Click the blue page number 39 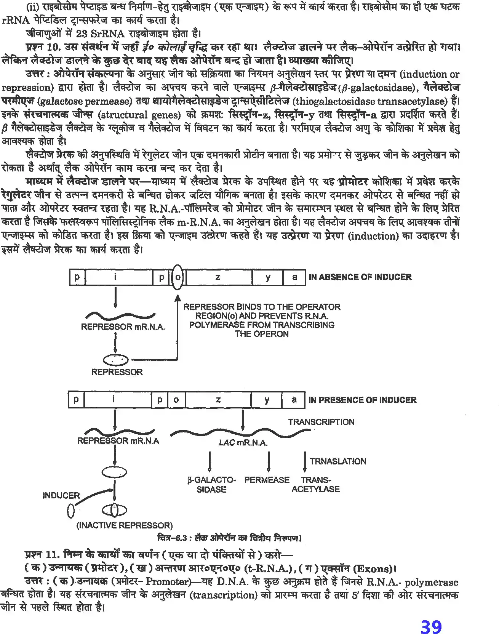click(x=431, y=626)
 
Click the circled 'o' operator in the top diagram click(x=178, y=277)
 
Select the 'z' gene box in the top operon click(x=218, y=277)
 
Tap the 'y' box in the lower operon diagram click(x=267, y=400)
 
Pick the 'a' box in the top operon click(x=294, y=277)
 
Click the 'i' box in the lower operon click(x=114, y=400)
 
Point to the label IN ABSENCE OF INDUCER click(x=360, y=277)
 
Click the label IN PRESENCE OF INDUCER click(x=362, y=400)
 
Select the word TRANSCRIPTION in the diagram click(x=321, y=422)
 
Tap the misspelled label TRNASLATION click(x=338, y=461)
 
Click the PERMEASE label click(x=267, y=480)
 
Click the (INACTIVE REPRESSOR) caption click(x=125, y=525)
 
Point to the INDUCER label click(x=61, y=495)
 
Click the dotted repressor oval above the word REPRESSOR click(x=116, y=359)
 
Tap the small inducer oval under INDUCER click(x=70, y=511)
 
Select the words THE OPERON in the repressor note click(x=262, y=334)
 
